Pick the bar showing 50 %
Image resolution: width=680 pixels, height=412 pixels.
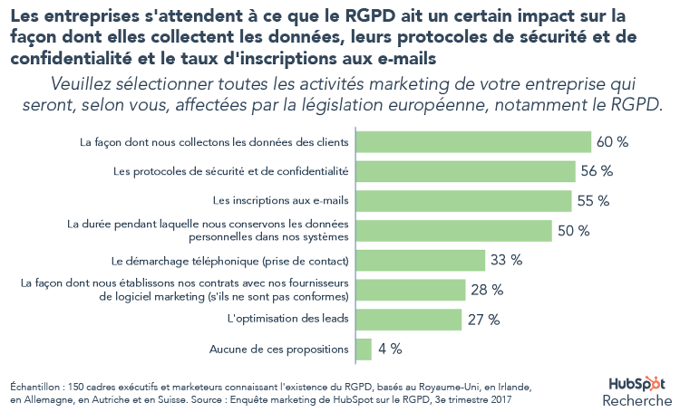pos(454,230)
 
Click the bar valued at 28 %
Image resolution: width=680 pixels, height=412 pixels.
pos(411,290)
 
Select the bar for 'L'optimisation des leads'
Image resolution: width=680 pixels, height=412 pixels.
pos(409,319)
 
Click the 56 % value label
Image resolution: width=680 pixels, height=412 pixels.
pos(597,171)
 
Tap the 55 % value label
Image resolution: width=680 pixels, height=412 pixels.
pos(592,201)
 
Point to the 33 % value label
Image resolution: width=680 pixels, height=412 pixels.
pos(507,260)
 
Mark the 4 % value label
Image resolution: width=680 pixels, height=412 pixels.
pos(391,349)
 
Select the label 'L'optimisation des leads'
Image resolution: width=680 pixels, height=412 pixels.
pos(287,319)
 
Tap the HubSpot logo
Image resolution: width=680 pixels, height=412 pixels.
pos(636,384)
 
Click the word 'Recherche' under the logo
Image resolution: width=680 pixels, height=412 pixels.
pos(636,400)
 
